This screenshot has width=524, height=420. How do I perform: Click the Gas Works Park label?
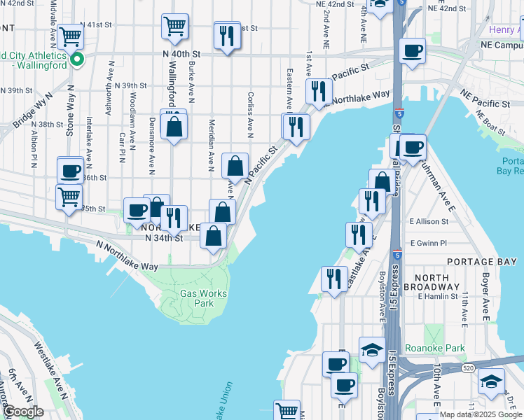point(196,299)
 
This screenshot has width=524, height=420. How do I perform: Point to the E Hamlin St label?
point(436,297)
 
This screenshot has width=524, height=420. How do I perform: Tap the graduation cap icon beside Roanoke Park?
point(372,349)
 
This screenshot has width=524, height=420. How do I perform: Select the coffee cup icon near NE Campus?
point(412,50)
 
